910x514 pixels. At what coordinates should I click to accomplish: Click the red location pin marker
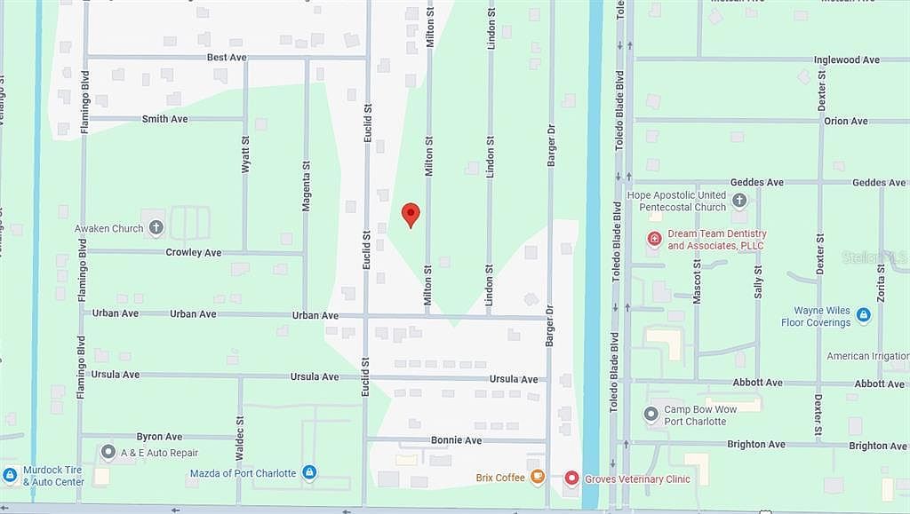pyautogui.click(x=410, y=214)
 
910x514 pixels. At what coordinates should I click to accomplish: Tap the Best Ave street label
pyautogui.click(x=226, y=57)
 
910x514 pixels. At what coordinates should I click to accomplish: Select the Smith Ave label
pyautogui.click(x=164, y=118)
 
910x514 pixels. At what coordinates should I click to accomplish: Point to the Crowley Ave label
pyautogui.click(x=194, y=252)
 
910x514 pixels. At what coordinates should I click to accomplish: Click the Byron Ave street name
pyautogui.click(x=159, y=437)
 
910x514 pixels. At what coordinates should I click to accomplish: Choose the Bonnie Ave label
pyautogui.click(x=456, y=440)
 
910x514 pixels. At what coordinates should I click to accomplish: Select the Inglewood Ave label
pyautogui.click(x=846, y=59)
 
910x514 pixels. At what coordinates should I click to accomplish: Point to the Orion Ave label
pyautogui.click(x=846, y=121)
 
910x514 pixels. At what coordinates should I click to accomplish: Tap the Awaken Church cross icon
pyautogui.click(x=156, y=228)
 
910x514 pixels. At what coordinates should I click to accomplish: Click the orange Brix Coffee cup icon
pyautogui.click(x=537, y=478)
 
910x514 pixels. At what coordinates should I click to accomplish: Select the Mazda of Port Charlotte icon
pyautogui.click(x=309, y=472)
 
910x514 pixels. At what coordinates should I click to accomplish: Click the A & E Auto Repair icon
pyautogui.click(x=108, y=452)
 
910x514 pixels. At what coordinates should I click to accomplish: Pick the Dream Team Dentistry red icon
pyautogui.click(x=654, y=238)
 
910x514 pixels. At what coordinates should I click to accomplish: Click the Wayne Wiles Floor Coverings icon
pyautogui.click(x=863, y=314)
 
